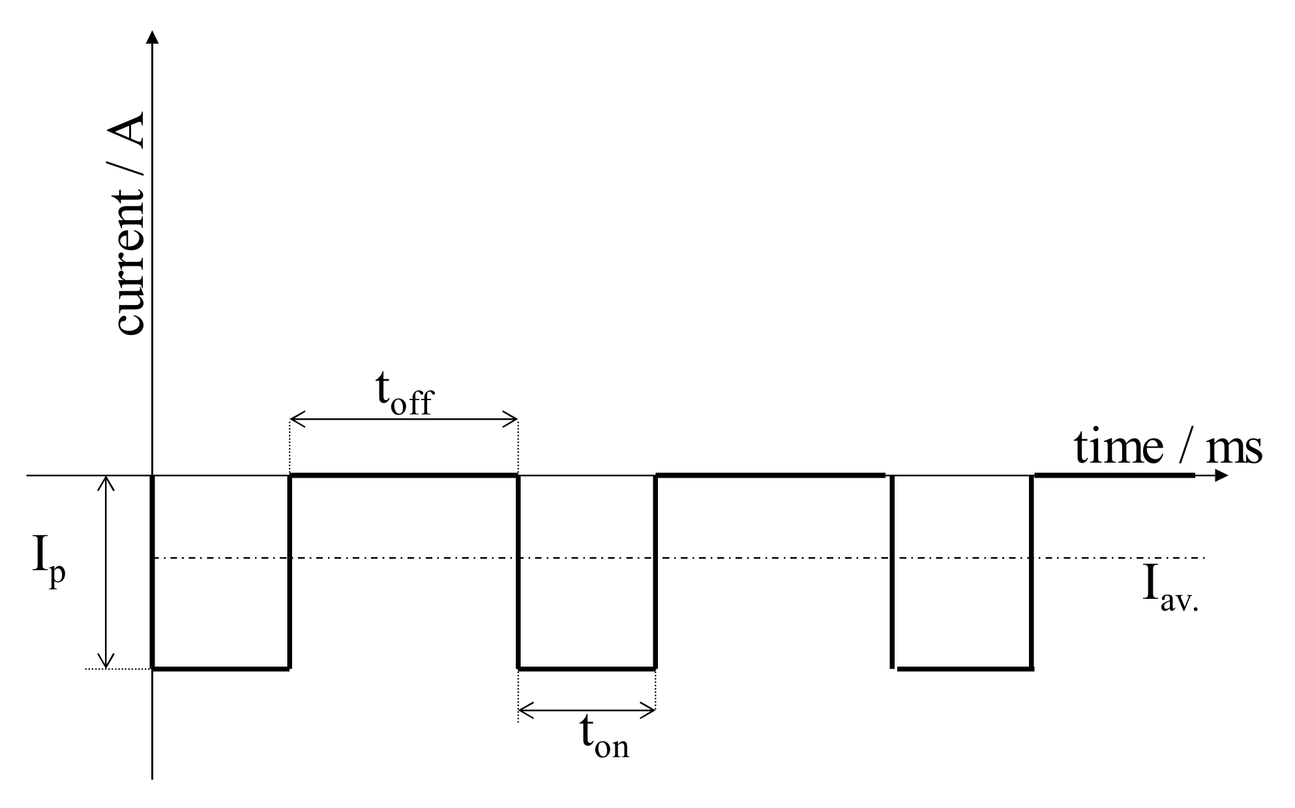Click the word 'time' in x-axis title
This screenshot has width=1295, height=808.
point(1118,448)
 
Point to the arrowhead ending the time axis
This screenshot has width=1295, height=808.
point(1222,476)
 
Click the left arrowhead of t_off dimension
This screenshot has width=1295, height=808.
point(295,418)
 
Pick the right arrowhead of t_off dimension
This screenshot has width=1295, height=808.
point(512,418)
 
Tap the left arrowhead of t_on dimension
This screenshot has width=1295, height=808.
point(524,710)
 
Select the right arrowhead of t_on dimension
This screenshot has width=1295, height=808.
point(649,710)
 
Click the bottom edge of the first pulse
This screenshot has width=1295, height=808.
point(220,668)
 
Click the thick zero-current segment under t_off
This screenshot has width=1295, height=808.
point(404,476)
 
